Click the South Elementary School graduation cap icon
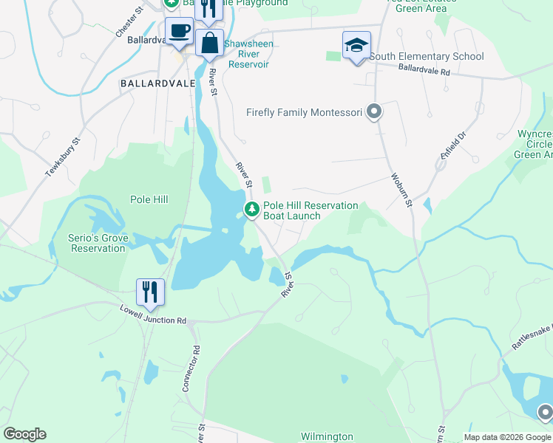point(356,45)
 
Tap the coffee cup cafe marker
point(179,31)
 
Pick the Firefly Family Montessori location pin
point(374,113)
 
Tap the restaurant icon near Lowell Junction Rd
point(150,291)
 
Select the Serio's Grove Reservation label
point(98,243)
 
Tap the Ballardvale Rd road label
point(424,72)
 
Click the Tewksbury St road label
point(62,158)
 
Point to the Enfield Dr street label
point(454,147)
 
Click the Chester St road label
point(129,22)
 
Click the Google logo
point(24,434)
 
